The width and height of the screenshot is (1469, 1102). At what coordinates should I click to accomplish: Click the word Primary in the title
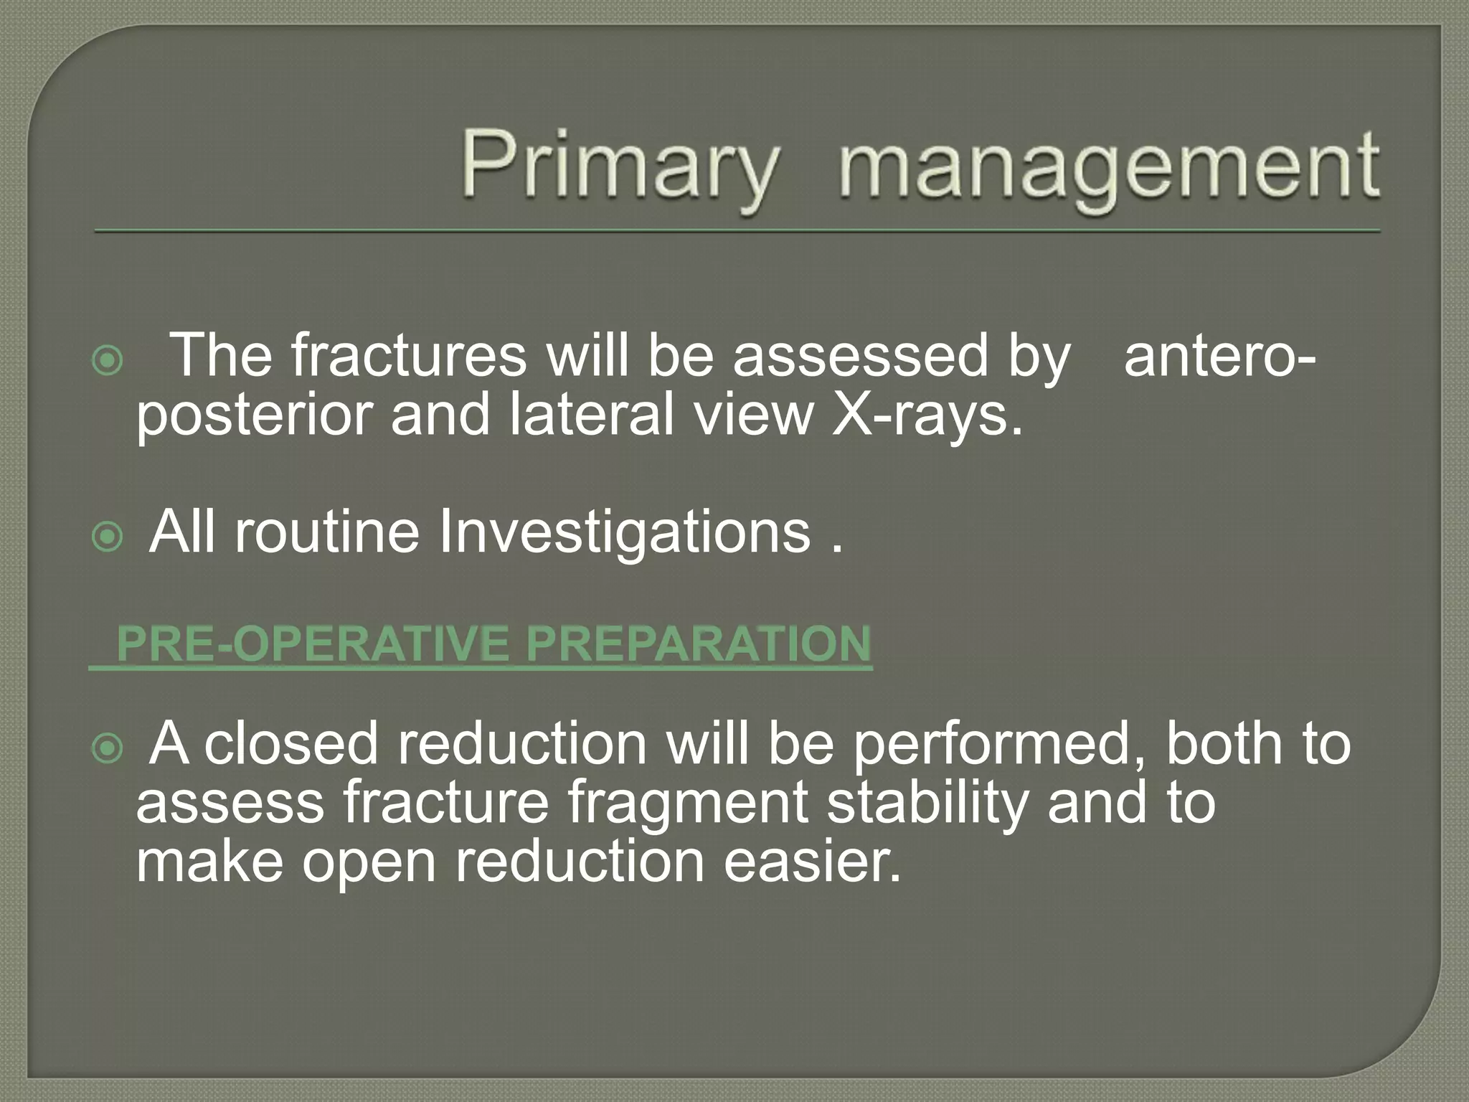pos(618,166)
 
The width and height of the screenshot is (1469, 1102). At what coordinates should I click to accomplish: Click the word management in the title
pos(1108,166)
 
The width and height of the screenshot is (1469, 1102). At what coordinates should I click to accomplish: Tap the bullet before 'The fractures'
pos(108,361)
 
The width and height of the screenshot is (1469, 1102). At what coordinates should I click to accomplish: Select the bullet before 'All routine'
pos(108,536)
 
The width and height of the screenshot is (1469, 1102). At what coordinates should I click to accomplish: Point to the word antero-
pos(1219,357)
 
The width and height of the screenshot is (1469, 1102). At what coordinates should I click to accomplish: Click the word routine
pos(326,532)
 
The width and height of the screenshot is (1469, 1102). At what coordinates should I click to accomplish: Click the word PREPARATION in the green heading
pos(698,644)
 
